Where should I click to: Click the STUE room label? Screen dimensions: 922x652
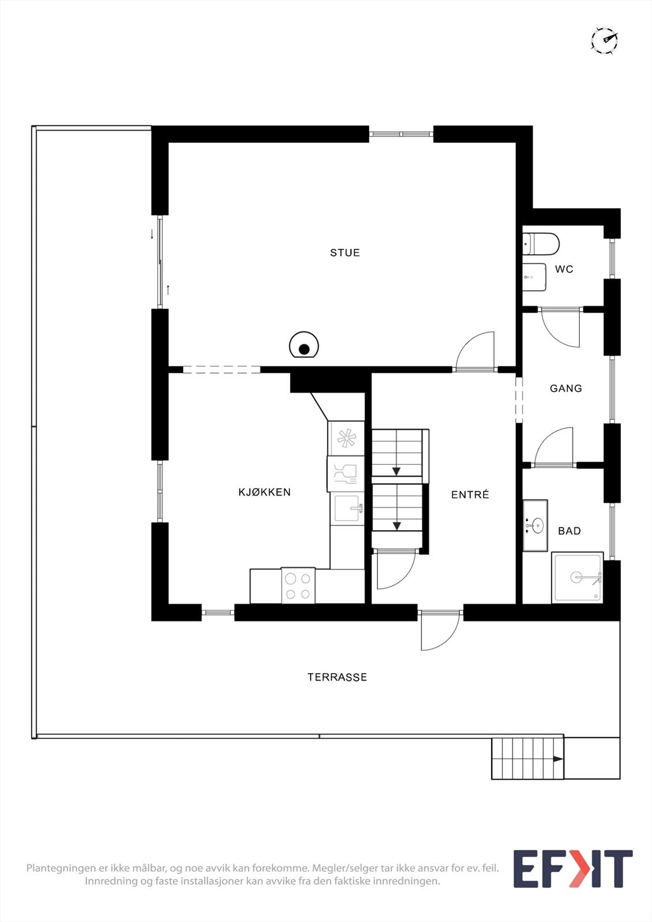(x=345, y=252)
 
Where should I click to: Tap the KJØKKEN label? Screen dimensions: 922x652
(x=265, y=492)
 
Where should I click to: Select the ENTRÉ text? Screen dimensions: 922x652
(x=470, y=494)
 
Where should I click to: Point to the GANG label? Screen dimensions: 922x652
(x=566, y=388)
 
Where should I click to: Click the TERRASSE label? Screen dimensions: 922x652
(x=337, y=677)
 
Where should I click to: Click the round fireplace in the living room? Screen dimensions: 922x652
(x=304, y=346)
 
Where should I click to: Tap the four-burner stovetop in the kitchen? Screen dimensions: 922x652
(x=298, y=585)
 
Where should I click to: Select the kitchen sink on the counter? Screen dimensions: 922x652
(x=347, y=508)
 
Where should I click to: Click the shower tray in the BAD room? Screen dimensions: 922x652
(x=577, y=577)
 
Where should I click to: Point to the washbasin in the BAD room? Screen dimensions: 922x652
(x=536, y=525)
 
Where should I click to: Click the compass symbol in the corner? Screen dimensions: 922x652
(x=604, y=40)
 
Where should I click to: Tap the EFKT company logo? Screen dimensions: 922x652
(x=572, y=868)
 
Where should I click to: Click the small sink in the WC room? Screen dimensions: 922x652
(x=534, y=277)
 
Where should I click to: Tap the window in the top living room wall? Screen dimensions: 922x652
(x=401, y=134)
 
